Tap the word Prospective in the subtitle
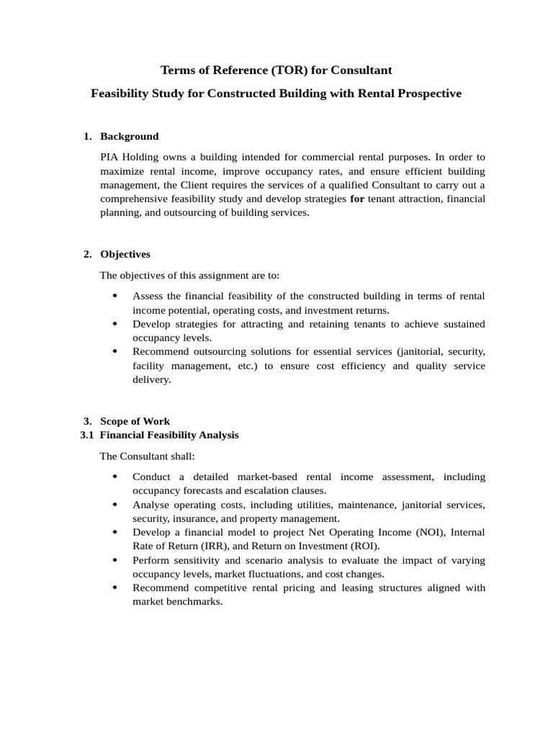click(426, 94)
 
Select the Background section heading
click(129, 136)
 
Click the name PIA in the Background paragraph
click(109, 156)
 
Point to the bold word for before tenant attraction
click(357, 199)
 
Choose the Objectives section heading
click(125, 254)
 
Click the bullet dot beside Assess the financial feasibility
click(116, 297)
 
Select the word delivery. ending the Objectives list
click(152, 379)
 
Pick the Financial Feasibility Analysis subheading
click(169, 435)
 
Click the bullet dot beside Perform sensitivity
click(116, 561)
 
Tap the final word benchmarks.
click(189, 602)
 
